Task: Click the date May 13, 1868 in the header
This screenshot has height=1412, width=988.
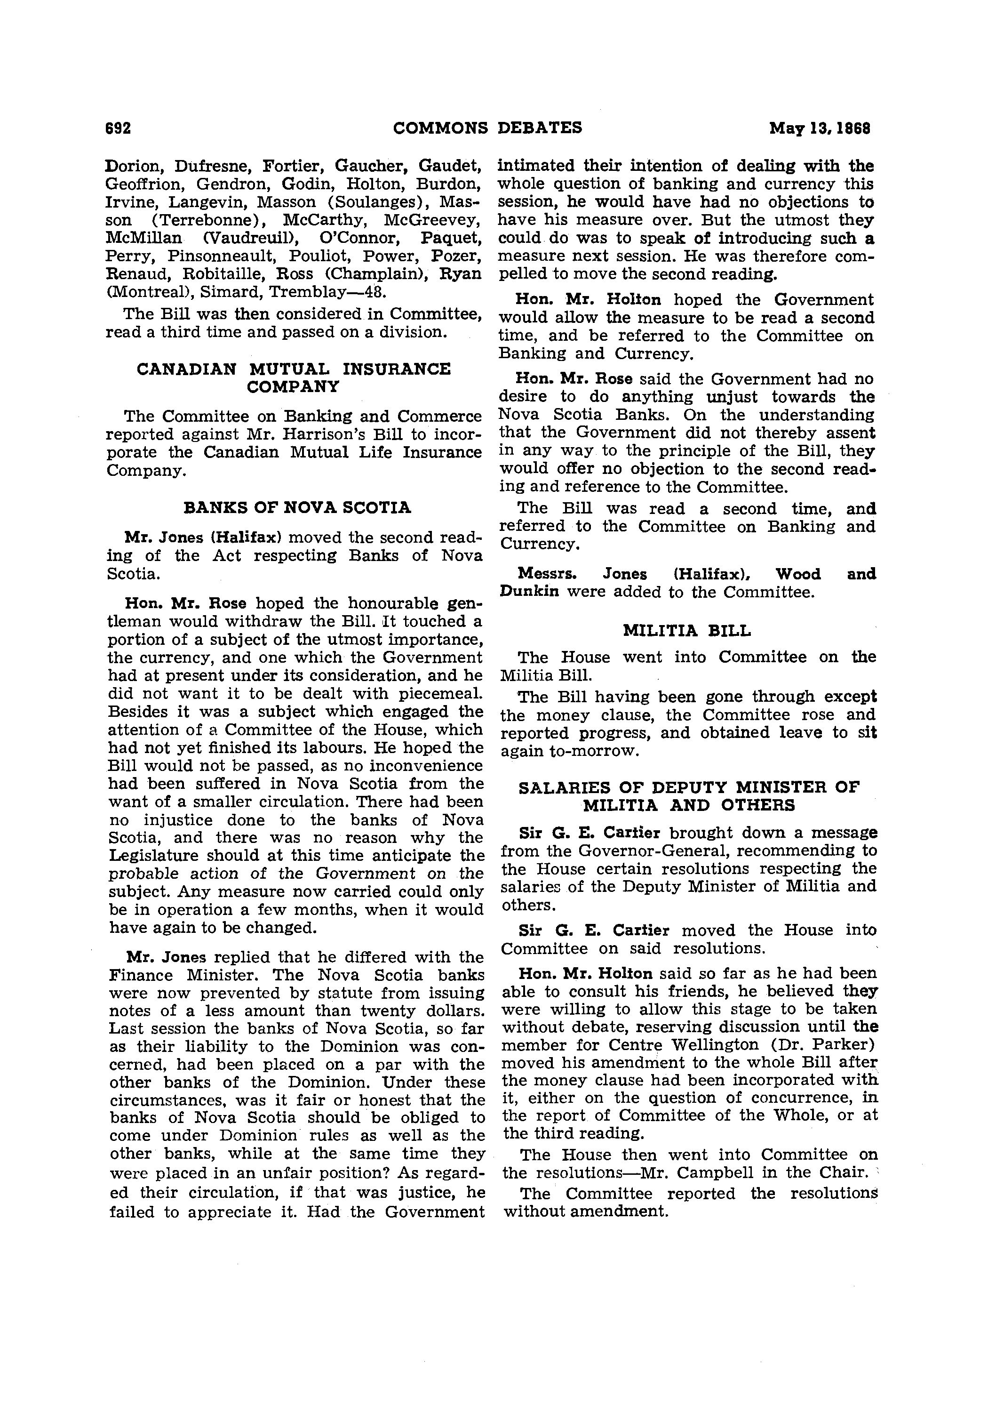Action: pos(820,128)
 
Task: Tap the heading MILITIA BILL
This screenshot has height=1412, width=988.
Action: pos(687,631)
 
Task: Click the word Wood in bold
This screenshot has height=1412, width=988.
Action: pos(797,574)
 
